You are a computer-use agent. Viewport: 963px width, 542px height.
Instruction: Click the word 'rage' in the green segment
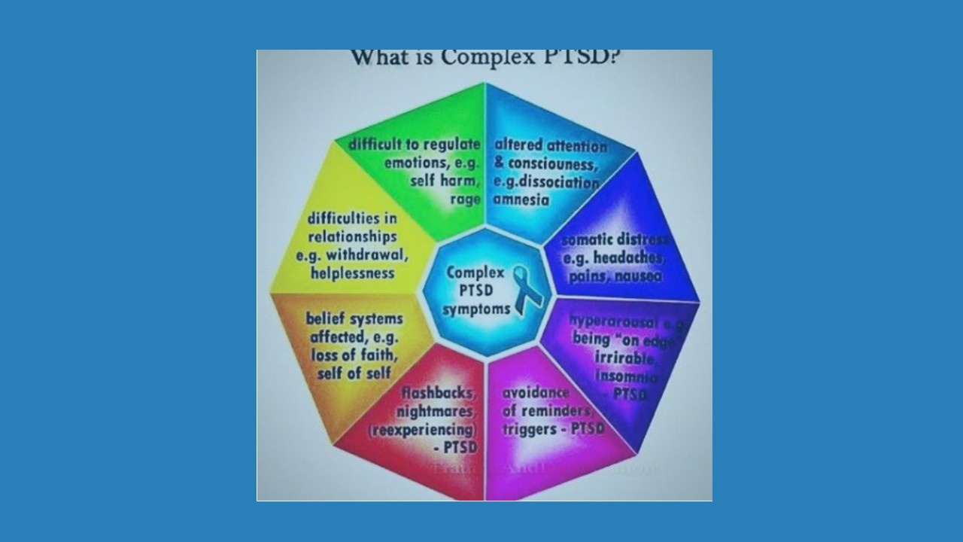point(465,199)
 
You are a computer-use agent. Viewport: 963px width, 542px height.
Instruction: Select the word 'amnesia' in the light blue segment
point(521,199)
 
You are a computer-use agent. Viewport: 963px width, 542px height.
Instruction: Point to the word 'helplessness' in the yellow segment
point(352,273)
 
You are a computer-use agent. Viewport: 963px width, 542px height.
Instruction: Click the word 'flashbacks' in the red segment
point(439,393)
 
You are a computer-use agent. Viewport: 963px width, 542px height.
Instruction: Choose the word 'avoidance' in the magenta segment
point(536,393)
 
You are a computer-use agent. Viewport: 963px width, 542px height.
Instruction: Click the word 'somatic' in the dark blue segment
point(589,241)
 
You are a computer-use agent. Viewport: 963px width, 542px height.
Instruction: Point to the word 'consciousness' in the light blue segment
point(553,163)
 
